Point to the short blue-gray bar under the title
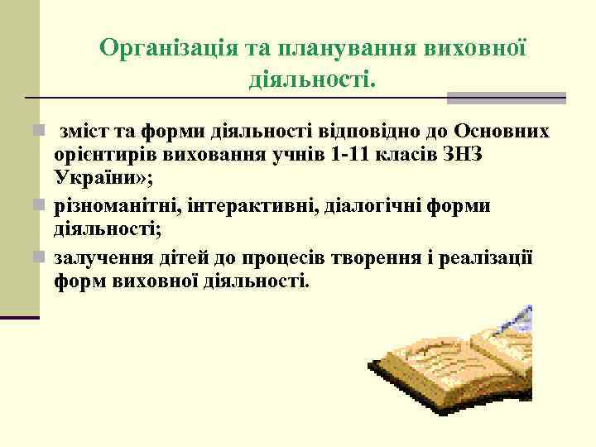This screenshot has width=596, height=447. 507,98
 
